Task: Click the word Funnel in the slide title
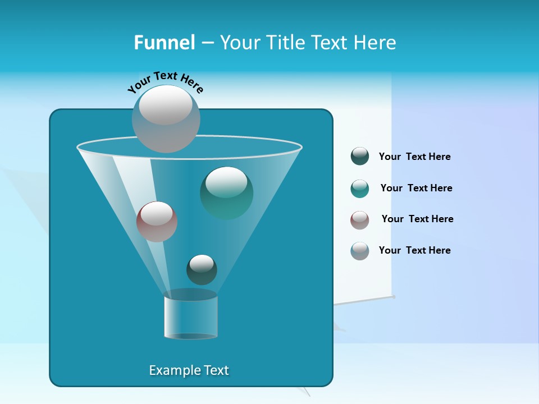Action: tap(164, 43)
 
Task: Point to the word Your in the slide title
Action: tap(238, 43)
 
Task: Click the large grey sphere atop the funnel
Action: tap(166, 119)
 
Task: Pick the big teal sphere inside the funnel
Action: tap(226, 192)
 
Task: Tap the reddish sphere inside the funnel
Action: tap(157, 221)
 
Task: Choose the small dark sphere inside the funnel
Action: tap(202, 269)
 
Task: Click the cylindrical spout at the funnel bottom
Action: tap(191, 317)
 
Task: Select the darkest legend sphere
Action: tap(360, 157)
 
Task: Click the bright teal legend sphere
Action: tap(360, 189)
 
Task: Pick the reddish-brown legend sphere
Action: tap(360, 220)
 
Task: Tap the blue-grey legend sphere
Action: tap(360, 251)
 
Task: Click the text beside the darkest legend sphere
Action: tap(414, 157)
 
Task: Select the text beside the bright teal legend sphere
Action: tap(416, 188)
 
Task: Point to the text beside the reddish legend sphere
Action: tap(417, 219)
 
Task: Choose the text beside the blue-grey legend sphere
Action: tap(414, 250)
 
